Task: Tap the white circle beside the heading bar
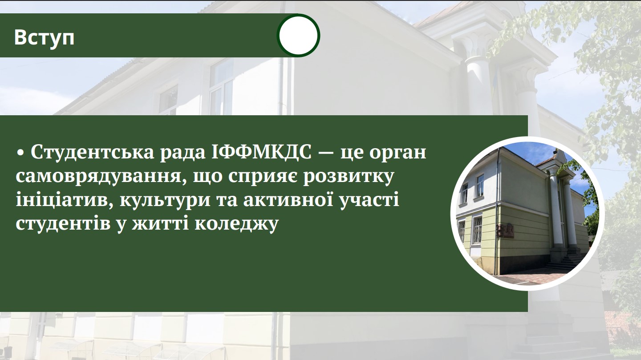(x=298, y=35)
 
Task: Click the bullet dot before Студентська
(x=20, y=154)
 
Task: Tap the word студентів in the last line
(x=63, y=224)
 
